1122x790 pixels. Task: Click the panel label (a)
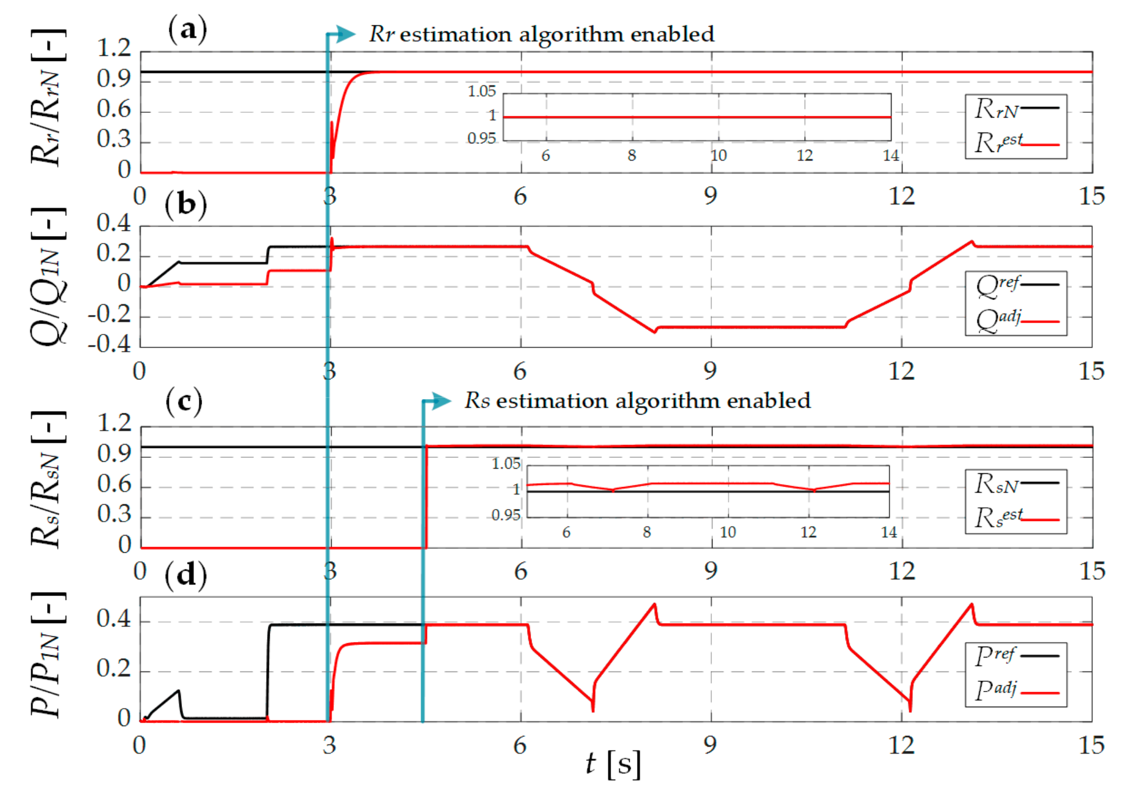pyautogui.click(x=187, y=29)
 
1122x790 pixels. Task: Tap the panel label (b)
pyautogui.click(x=185, y=204)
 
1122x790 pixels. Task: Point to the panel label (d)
pyautogui.click(x=185, y=575)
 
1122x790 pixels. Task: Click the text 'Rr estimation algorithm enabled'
pyautogui.click(x=541, y=35)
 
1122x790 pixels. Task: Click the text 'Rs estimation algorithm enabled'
pyautogui.click(x=638, y=401)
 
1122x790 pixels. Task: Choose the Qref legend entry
pyautogui.click(x=1016, y=285)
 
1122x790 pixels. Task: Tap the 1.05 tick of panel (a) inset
pyautogui.click(x=482, y=91)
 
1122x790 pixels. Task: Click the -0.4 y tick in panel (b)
pyautogui.click(x=109, y=344)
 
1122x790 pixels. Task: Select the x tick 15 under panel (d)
pyautogui.click(x=1091, y=746)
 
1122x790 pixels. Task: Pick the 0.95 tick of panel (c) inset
pyautogui.click(x=506, y=515)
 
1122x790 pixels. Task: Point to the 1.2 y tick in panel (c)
pyautogui.click(x=115, y=424)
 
